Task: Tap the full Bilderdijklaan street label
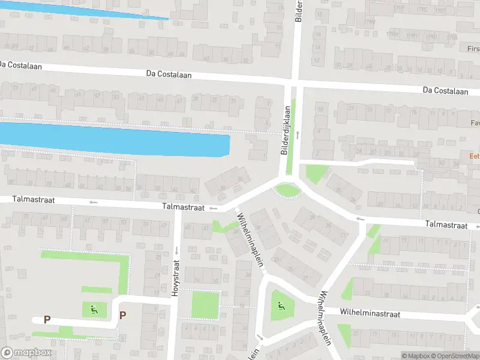[x=286, y=131]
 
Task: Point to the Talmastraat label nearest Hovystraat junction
[x=182, y=206]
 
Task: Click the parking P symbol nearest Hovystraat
[x=123, y=315]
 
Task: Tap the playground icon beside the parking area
[x=94, y=310]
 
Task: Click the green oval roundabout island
[x=286, y=191]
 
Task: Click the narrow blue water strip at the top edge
[x=90, y=9]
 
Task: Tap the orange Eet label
[x=474, y=155]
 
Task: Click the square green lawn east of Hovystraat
[x=206, y=305]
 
